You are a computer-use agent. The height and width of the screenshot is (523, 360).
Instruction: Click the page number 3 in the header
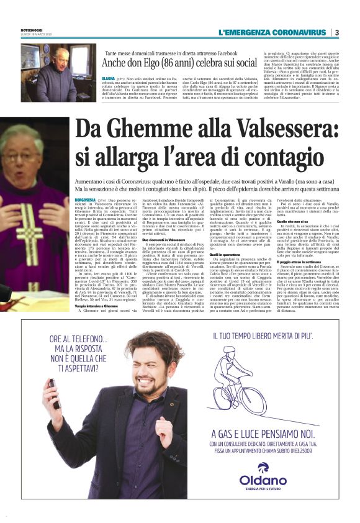tap(336, 32)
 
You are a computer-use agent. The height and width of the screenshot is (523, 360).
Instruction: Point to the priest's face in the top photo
tap(61, 57)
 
